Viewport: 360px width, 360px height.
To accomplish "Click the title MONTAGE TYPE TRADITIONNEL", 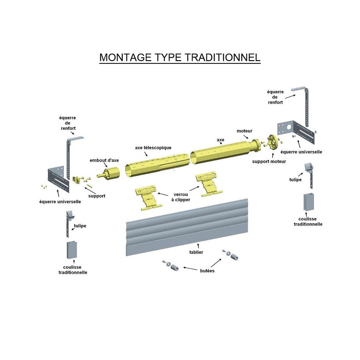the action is click(180, 57).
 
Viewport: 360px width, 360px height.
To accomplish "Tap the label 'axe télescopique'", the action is click(153, 148).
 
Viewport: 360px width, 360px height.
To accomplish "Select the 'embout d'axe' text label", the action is click(104, 160).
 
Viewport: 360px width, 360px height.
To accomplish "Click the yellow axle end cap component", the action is click(109, 174).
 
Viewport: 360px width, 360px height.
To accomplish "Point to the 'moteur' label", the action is click(244, 131).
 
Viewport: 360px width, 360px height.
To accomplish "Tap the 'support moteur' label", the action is click(269, 161).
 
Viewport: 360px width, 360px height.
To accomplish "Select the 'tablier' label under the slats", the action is click(196, 252).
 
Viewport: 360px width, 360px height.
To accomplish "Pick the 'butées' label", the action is click(207, 271).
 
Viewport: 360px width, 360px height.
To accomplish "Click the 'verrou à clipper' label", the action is click(181, 197).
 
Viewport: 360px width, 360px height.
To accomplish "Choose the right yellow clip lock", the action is click(209, 184).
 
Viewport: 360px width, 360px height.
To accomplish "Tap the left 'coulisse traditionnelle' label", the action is click(73, 270).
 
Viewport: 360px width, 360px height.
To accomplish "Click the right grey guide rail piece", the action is click(309, 202).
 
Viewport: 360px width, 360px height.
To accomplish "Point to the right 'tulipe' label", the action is click(295, 180).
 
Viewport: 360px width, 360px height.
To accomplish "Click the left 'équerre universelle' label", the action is click(60, 202).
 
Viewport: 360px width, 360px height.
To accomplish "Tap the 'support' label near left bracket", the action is click(96, 196).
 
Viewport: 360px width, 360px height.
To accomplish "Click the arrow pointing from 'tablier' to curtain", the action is click(198, 247).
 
